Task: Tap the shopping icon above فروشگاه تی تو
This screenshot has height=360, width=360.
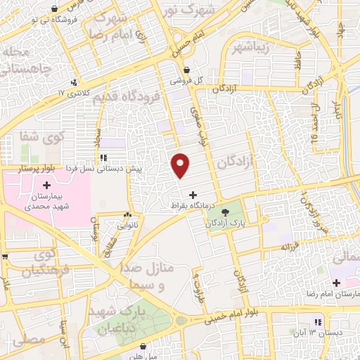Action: tap(54, 9)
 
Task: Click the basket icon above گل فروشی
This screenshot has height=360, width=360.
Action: tap(187, 70)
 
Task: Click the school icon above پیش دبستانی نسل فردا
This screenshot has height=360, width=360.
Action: tap(103, 158)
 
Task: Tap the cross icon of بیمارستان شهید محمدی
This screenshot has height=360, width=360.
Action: tap(47, 186)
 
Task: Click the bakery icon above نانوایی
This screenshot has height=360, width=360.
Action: tap(127, 215)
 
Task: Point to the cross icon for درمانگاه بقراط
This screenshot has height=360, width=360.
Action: tap(193, 194)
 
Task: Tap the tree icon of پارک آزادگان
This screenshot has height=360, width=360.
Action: tap(224, 212)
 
